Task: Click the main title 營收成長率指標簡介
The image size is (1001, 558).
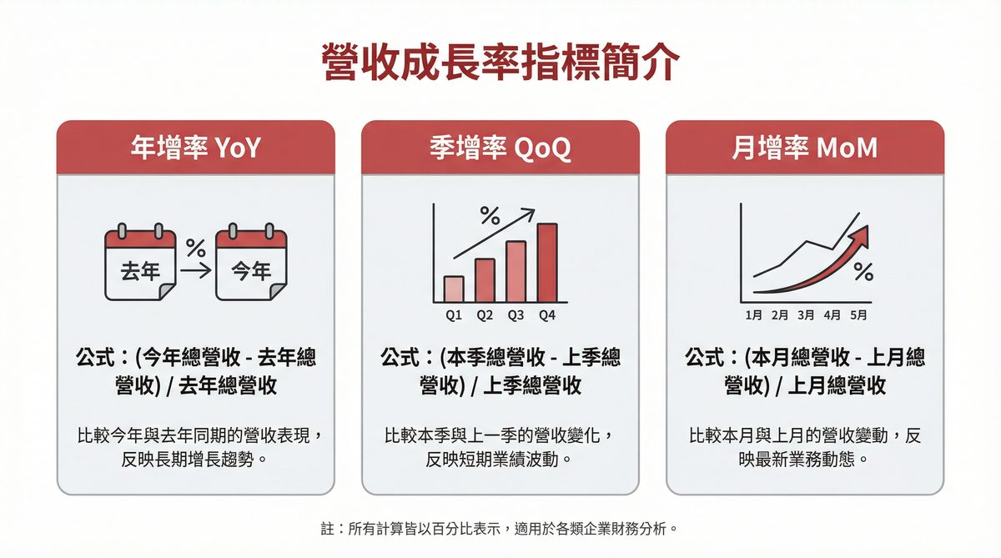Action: [x=500, y=62]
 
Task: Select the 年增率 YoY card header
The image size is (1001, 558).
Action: [x=196, y=148]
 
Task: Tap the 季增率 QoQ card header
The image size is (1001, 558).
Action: [x=500, y=148]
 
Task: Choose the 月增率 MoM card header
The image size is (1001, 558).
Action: [x=805, y=148]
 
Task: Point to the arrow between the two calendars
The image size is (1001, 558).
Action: [x=195, y=270]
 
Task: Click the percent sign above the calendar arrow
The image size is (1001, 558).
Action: [x=195, y=248]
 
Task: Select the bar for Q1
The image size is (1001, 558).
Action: [x=454, y=289]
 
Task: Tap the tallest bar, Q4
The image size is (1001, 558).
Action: [x=547, y=262]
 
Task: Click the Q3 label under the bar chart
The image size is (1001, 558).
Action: [x=516, y=315]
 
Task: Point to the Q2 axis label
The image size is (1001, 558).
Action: [x=485, y=315]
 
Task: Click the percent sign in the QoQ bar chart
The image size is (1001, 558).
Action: [x=490, y=219]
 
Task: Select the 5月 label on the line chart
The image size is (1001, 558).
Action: [x=858, y=315]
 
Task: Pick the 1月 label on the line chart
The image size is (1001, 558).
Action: [x=754, y=315]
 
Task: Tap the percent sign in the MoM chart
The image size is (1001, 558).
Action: [x=863, y=272]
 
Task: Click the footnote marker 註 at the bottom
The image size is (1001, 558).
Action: [x=328, y=529]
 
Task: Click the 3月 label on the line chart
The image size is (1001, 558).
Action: [x=806, y=315]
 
